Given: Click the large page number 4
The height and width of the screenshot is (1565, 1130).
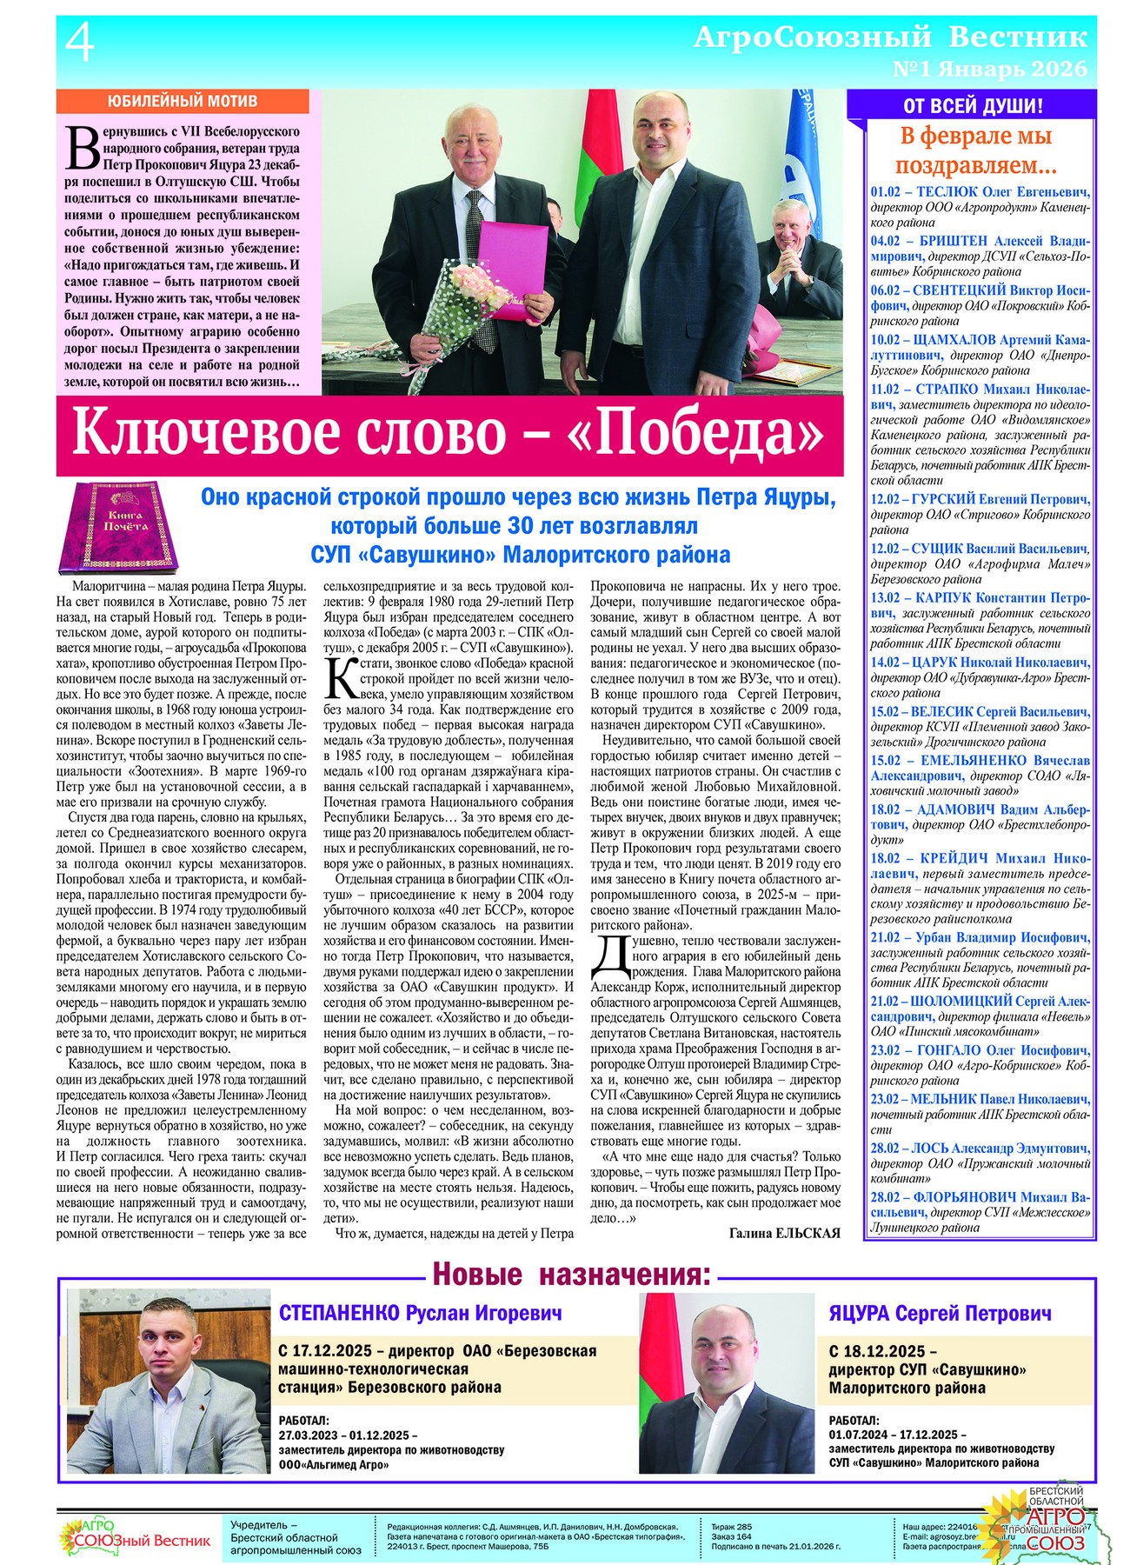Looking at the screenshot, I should (80, 43).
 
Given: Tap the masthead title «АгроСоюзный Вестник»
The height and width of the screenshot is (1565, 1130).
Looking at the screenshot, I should (890, 37).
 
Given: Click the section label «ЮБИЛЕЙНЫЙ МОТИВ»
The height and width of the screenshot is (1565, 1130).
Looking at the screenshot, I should (182, 101).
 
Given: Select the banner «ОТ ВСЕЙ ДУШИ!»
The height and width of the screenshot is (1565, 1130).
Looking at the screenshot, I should (973, 107).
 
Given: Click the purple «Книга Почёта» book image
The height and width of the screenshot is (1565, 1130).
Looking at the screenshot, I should (123, 528).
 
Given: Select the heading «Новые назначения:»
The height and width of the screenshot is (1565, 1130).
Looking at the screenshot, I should (572, 1275).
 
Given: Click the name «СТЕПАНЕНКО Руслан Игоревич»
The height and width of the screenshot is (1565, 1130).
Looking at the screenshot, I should (420, 1313).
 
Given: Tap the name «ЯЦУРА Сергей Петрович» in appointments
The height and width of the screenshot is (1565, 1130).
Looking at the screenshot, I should (940, 1313).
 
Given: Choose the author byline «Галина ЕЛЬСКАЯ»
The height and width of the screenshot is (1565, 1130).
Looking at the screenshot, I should (784, 1233).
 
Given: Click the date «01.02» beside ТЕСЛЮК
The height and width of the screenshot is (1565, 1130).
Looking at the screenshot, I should (887, 191).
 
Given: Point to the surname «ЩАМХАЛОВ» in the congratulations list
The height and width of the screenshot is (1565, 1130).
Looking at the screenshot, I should (954, 340).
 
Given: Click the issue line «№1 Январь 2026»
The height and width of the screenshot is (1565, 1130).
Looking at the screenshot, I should (989, 68).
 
